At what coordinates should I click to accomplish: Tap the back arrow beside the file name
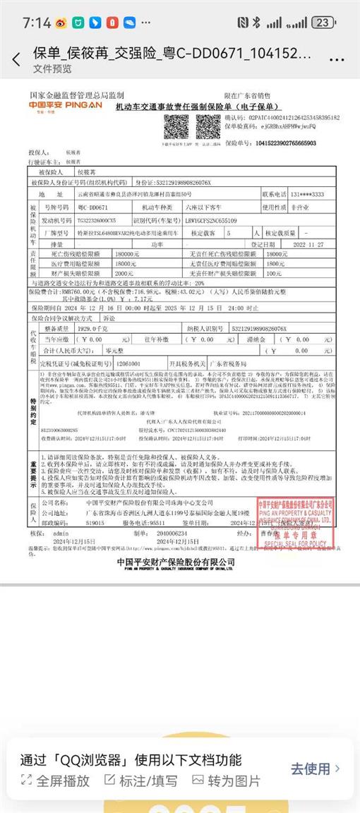click(x=16, y=60)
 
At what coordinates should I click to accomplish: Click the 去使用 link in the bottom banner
click(x=316, y=768)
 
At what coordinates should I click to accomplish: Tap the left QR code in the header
click(x=176, y=126)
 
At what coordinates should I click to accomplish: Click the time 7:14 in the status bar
click(x=36, y=23)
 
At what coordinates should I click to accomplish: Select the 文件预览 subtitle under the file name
click(x=52, y=69)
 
